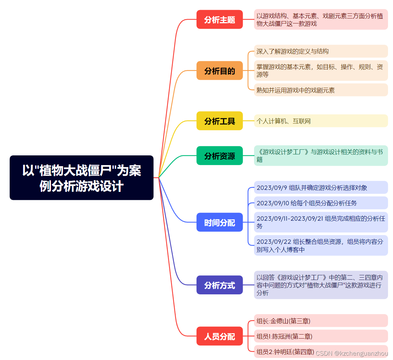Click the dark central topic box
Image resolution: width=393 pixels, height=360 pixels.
[82, 178]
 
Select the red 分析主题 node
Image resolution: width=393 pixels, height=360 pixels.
[220, 20]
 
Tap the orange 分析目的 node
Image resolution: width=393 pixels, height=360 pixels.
[220, 71]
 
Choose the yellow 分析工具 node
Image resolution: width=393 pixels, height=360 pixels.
[220, 121]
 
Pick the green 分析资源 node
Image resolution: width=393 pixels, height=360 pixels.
[220, 156]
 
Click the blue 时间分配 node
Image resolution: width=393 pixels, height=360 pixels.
[220, 222]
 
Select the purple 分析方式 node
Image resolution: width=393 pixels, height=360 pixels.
[220, 285]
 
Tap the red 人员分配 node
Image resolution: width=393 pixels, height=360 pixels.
[220, 336]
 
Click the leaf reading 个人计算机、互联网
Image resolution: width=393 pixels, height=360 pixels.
[284, 121]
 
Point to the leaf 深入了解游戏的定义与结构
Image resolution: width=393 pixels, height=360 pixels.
[293, 51]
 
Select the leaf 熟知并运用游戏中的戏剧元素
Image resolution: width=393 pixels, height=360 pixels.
[296, 90]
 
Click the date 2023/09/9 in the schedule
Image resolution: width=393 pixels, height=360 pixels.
[271, 188]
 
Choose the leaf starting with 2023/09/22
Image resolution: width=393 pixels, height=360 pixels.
[320, 245]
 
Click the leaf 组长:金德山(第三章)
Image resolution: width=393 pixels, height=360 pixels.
[284, 321]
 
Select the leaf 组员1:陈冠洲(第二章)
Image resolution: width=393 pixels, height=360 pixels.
[284, 336]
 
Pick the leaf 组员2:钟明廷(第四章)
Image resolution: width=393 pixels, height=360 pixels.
[285, 352]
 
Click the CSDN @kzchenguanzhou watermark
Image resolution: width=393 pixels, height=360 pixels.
[352, 353]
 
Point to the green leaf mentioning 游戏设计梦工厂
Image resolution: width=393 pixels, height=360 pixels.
[320, 156]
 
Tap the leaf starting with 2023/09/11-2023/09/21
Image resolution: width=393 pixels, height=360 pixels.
[320, 222]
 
